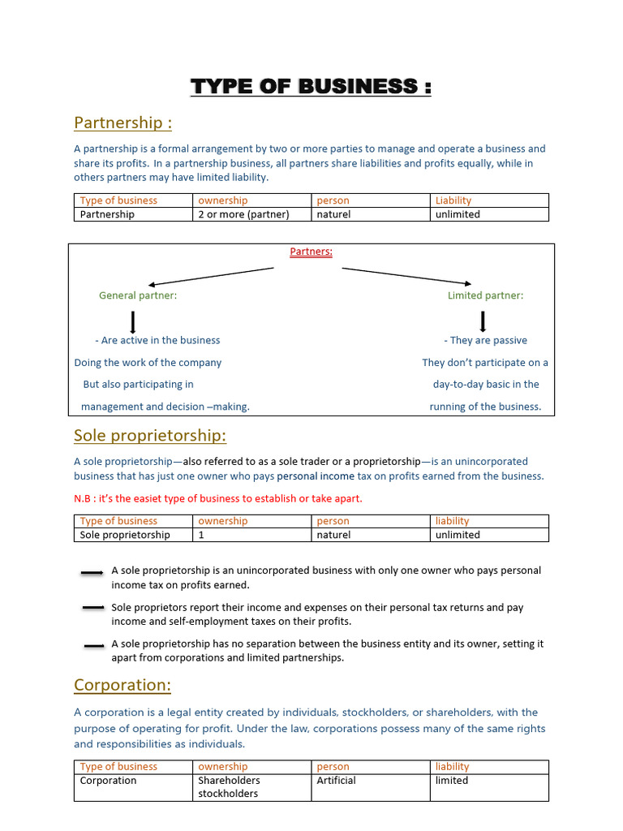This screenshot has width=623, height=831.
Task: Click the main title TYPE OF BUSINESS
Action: point(311,86)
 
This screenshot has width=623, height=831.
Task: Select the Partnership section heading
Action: point(122,123)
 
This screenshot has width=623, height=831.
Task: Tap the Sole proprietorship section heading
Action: point(150,436)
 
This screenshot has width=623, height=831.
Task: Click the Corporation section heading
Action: point(122,685)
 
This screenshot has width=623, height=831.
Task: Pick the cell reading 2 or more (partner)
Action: point(243,214)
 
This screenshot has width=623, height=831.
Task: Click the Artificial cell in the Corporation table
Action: point(336,781)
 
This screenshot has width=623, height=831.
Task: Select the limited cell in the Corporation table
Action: point(452,781)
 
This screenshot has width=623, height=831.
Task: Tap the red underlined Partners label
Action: point(311,252)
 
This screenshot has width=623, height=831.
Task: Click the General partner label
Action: point(138,295)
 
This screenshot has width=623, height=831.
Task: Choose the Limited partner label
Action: point(485,295)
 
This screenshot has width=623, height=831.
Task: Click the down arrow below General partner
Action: point(133,321)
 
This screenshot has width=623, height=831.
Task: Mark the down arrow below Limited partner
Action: point(483,321)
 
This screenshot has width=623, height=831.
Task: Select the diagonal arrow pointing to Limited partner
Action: point(406,276)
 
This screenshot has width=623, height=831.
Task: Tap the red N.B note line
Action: point(217,498)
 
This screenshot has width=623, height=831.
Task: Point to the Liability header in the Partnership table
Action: point(453,200)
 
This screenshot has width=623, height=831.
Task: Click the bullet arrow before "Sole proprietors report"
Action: point(93,608)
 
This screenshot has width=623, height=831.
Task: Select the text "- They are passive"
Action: point(485,340)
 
